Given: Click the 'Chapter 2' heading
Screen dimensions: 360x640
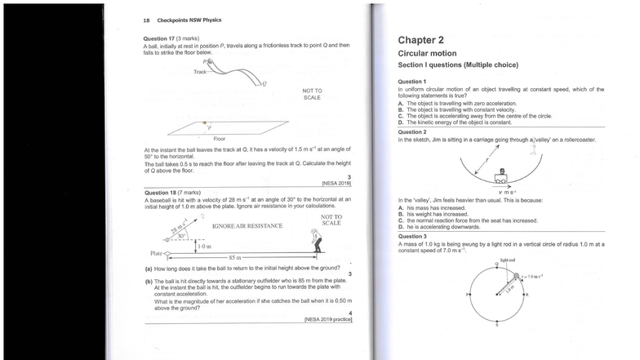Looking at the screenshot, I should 421,39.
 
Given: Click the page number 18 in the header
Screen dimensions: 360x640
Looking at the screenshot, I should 146,20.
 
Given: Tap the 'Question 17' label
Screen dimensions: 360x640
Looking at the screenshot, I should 161,38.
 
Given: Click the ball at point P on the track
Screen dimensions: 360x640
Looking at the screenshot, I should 211,61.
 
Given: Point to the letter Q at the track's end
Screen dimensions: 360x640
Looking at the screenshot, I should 263,83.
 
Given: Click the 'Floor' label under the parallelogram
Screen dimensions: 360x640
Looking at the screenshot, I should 220,139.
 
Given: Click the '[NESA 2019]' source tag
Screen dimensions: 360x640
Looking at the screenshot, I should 336,183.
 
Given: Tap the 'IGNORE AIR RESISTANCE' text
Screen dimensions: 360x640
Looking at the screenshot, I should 247,225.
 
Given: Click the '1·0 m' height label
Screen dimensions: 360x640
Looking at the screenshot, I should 203,246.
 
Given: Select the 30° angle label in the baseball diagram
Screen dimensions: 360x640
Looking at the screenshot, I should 182,236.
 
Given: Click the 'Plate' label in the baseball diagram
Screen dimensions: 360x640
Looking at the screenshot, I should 155,254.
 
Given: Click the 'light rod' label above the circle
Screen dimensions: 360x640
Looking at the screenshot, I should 507,260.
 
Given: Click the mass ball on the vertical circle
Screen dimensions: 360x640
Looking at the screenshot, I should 515,277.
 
